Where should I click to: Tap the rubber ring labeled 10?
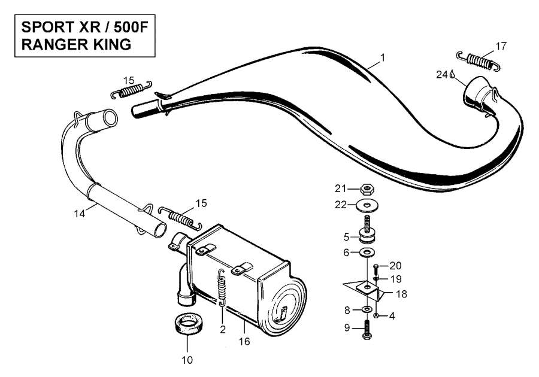click(x=187, y=326)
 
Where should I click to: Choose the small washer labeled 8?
click(x=366, y=309)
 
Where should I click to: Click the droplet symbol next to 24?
click(x=453, y=75)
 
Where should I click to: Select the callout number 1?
click(x=382, y=59)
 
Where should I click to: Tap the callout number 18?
click(x=401, y=294)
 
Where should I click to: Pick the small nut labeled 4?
click(x=376, y=315)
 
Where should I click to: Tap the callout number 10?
click(x=187, y=360)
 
